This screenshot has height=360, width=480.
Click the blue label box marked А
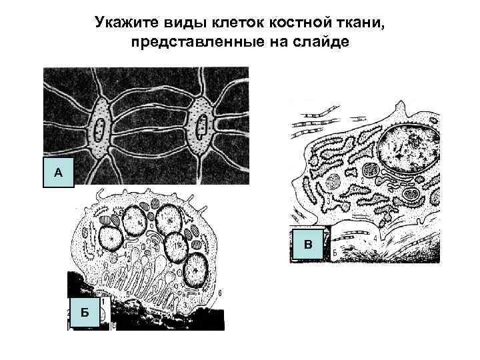58,171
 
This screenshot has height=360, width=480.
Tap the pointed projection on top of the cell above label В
399,107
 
